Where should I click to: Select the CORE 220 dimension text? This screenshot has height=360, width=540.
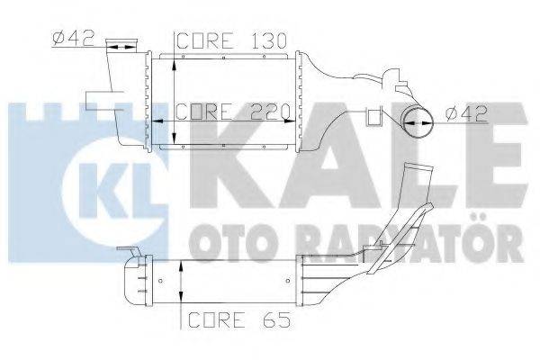231,112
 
